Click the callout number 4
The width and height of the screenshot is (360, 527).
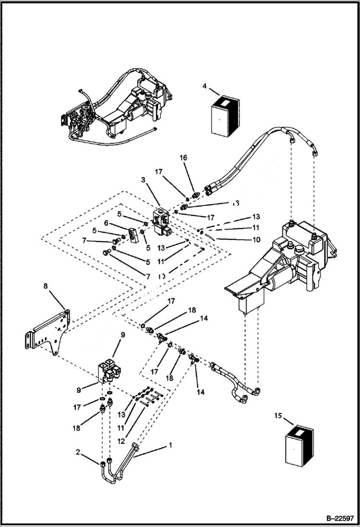(204, 86)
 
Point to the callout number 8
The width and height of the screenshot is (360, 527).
(45, 286)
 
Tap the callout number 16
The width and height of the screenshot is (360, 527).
(184, 158)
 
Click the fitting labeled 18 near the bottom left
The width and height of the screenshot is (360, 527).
(101, 409)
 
